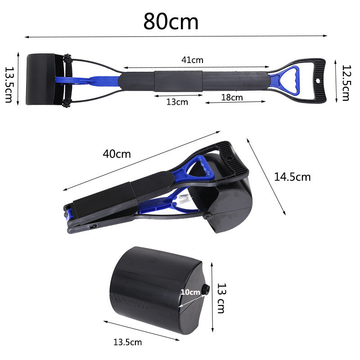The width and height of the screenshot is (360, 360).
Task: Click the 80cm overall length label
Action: (171, 21)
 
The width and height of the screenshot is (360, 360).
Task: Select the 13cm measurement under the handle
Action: (177, 102)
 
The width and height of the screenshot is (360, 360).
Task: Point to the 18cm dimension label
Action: (232, 97)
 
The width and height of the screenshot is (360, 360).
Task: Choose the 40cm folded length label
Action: (117, 154)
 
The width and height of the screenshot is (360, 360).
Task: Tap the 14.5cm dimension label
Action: (292, 177)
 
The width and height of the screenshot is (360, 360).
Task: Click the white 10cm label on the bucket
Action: (190, 292)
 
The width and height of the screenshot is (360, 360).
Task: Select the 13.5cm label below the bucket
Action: (127, 342)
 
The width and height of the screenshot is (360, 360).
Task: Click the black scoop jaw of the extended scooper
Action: (43, 80)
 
